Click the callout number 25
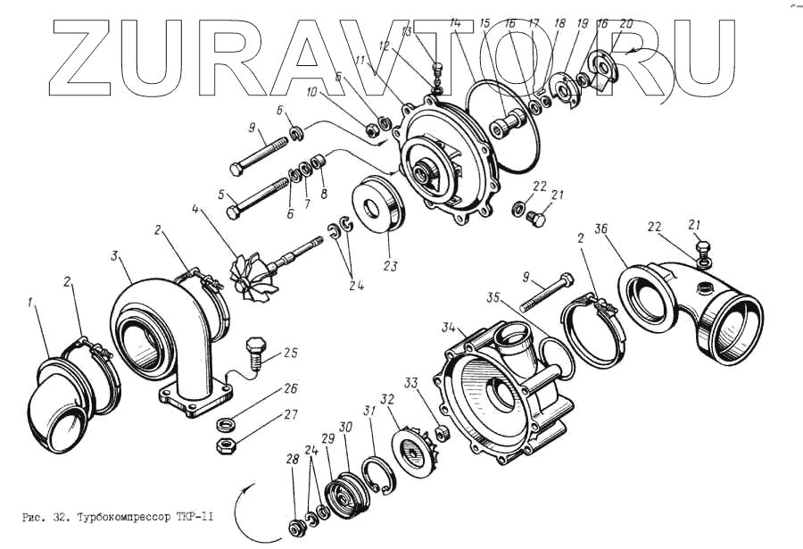(290, 353)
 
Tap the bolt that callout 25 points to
(257, 351)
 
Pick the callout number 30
(346, 428)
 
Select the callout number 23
(389, 265)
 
